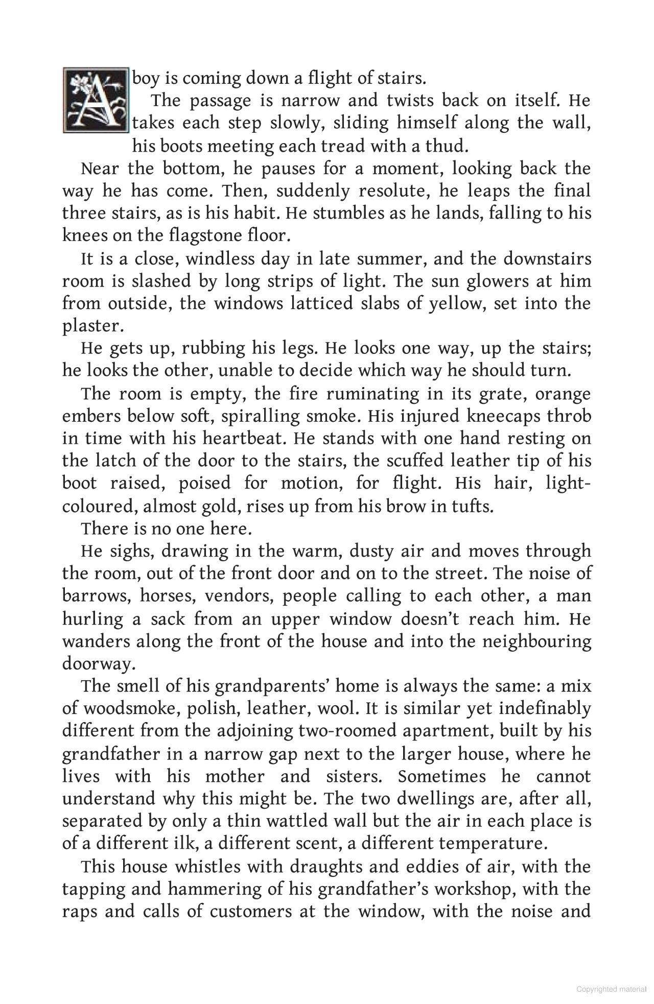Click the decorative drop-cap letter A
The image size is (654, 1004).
point(96,100)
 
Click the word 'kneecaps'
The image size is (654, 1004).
point(503,416)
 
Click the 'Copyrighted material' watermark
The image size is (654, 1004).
point(611,989)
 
